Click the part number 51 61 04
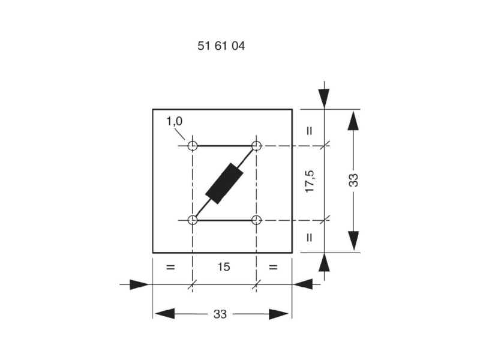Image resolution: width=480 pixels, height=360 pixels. coord(221,46)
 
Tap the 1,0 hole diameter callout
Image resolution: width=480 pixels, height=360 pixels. coord(174,121)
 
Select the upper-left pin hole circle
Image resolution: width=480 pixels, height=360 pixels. coord(192,146)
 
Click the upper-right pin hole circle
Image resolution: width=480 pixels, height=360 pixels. coord(256,146)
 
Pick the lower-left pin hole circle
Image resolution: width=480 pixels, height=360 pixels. coord(192,220)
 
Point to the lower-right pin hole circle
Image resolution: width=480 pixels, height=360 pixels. coord(256,220)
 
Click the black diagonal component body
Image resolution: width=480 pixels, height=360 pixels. coord(224,184)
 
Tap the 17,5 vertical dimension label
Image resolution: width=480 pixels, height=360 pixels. coord(310,181)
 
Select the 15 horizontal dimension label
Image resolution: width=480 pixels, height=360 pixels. coord(224,266)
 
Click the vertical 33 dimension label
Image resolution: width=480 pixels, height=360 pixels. coord(353,180)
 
